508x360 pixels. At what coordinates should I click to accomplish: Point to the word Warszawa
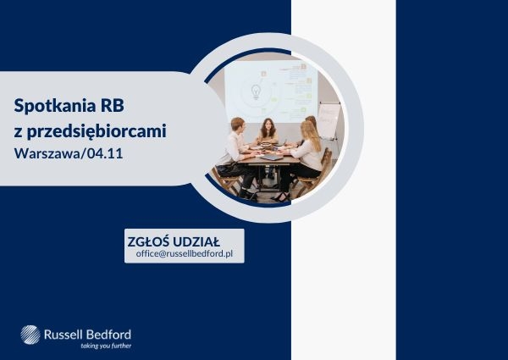(48, 154)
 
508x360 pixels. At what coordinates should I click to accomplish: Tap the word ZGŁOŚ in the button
(149, 240)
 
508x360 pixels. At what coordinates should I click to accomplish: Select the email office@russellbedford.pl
(184, 253)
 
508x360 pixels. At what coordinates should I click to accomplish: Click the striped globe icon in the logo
(32, 335)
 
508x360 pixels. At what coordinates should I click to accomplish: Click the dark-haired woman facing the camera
(268, 131)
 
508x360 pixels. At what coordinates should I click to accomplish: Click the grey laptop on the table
(271, 157)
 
